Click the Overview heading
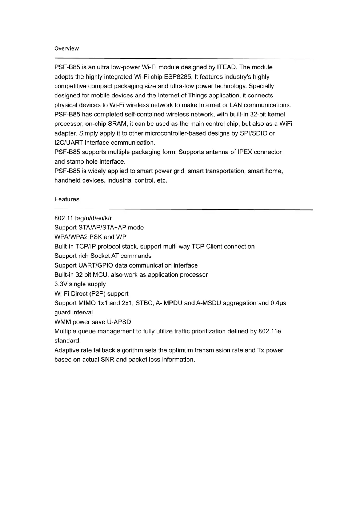coord(66,48)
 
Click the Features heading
coord(67,199)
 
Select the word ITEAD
coord(227,67)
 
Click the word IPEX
coord(247,152)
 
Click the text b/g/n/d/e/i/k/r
coord(93,218)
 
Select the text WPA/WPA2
coord(71,237)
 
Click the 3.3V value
coord(61,284)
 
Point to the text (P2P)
coord(97,294)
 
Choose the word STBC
coord(144,303)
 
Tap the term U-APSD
coord(119,322)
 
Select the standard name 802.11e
coord(269,332)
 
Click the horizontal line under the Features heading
coord(184,209)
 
